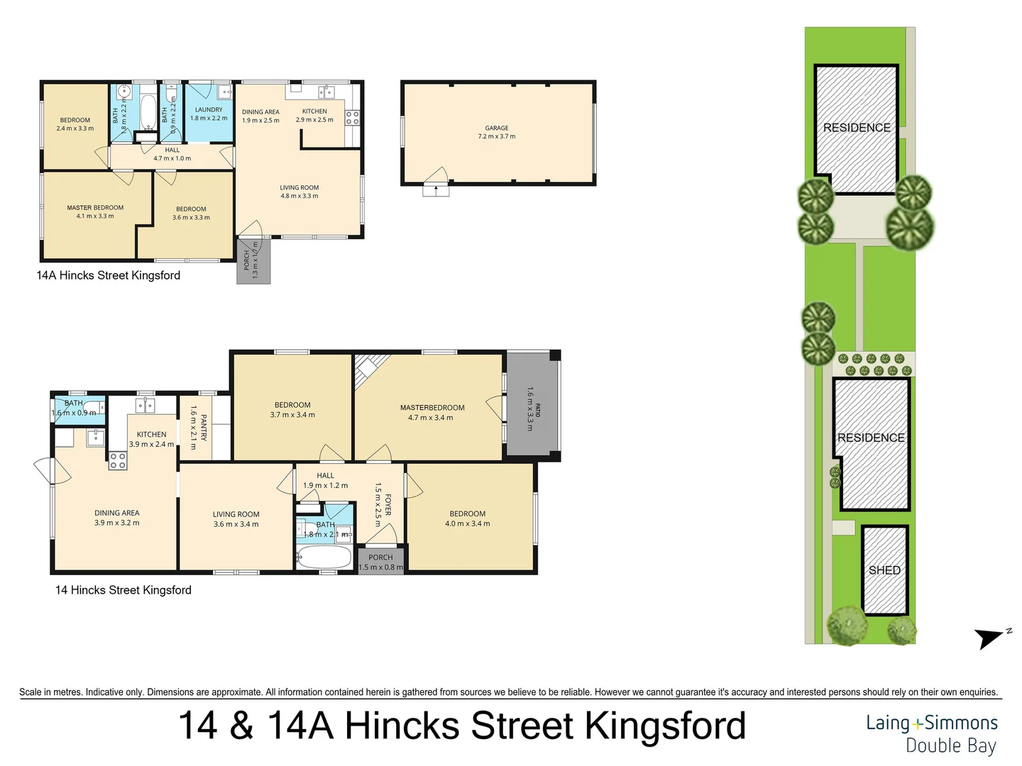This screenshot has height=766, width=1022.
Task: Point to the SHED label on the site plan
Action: coord(884,570)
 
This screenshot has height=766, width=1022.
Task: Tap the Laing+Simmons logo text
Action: coord(931,723)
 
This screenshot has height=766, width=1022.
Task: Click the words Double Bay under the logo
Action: coord(951,746)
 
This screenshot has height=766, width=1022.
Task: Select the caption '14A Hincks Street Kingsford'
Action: coord(109,275)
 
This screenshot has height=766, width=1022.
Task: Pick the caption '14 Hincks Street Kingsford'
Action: coord(123,590)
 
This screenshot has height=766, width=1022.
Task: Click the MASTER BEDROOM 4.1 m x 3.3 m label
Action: coord(95,212)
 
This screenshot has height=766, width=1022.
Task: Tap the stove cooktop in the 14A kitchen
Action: coord(352,118)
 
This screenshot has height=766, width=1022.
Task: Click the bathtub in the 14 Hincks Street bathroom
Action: coord(324,557)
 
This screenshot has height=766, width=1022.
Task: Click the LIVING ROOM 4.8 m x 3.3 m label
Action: coord(300,191)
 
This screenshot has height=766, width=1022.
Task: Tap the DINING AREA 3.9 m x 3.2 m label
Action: coord(117,518)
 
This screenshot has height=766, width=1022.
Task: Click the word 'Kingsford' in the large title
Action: coord(665,726)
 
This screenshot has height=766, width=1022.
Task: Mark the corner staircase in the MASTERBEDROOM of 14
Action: coord(370,370)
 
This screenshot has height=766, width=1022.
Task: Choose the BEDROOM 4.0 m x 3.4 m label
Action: coord(468,518)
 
